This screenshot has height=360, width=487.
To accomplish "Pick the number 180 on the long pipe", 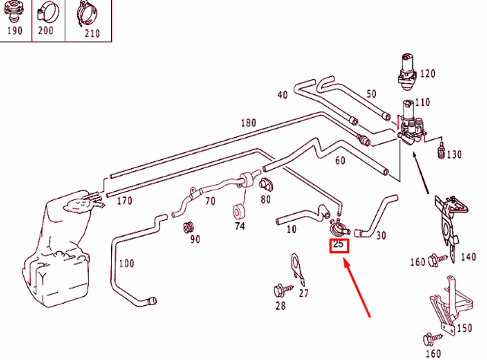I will click(x=249, y=123).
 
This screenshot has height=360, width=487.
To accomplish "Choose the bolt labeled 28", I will click(x=279, y=290).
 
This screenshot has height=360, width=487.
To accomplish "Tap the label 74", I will click(x=240, y=227).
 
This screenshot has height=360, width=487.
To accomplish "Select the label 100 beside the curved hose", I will click(x=126, y=265).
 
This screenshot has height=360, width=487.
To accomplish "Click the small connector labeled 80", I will click(x=266, y=184).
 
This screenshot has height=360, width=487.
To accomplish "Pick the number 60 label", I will click(x=339, y=161).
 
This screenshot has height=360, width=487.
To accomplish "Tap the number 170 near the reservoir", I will click(x=125, y=202).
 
